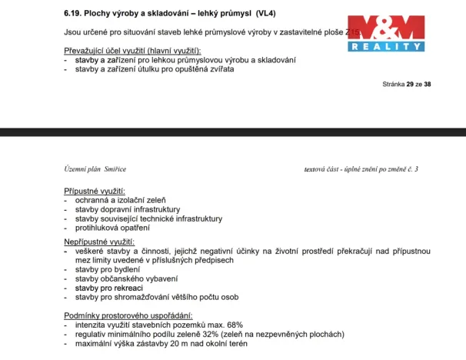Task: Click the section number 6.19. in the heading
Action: click(75, 13)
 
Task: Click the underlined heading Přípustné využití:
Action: click(95, 190)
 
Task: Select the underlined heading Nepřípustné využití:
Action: click(99, 242)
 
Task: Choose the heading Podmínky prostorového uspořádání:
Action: click(128, 315)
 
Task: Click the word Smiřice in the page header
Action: click(115, 168)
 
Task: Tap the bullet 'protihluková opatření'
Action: click(112, 227)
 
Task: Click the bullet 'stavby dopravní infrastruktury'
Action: click(127, 208)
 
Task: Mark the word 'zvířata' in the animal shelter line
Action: click(221, 68)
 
